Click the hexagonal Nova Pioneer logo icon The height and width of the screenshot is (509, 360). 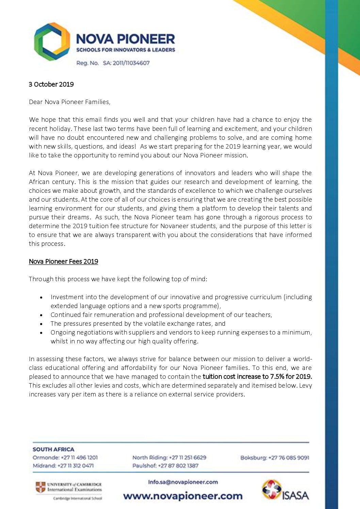[52, 41]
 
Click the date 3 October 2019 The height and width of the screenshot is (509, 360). [51, 84]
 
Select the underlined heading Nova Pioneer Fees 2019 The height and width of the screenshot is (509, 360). [63, 261]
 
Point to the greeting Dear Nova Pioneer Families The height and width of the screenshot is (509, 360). [69, 102]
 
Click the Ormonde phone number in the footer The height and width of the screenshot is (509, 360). [79, 458]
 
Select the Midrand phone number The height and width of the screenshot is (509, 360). [76, 466]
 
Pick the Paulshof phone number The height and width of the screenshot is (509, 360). [178, 466]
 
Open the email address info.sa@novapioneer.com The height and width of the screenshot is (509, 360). [183, 482]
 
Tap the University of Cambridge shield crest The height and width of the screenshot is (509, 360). [40, 487]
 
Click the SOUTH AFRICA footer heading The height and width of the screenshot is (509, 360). [53, 449]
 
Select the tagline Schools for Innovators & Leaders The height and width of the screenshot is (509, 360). [126, 50]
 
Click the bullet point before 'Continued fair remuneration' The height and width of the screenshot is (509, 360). [42, 315]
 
